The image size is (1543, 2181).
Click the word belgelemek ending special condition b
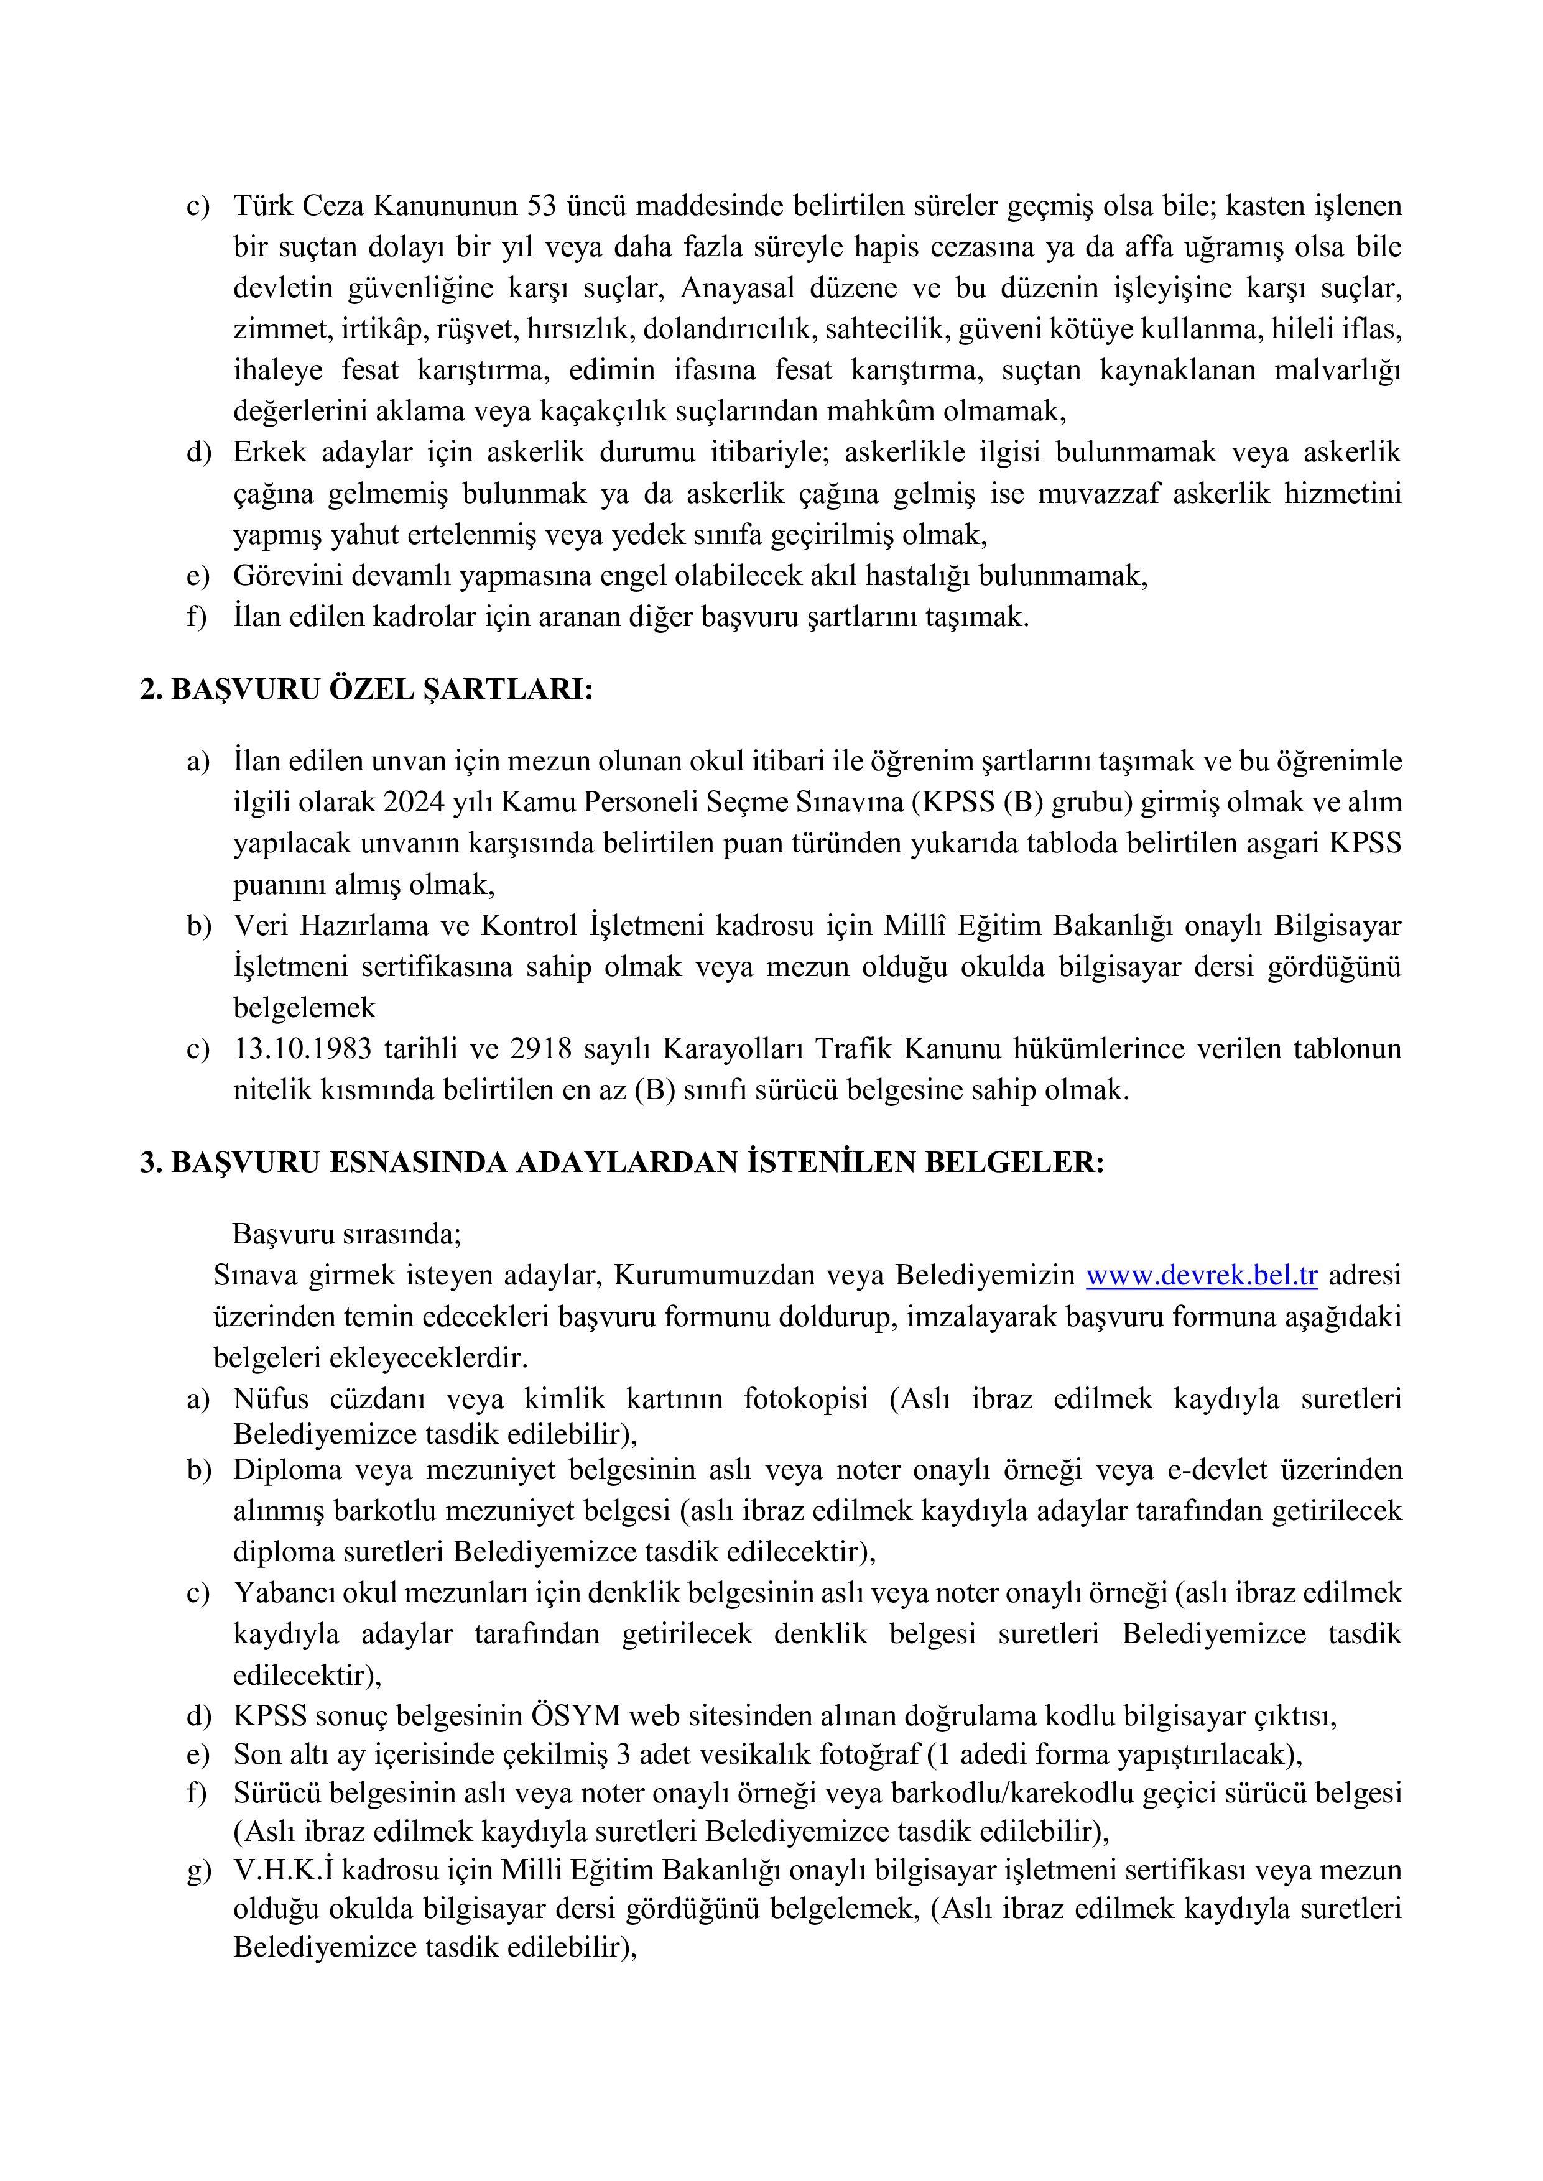pos(304,1007)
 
